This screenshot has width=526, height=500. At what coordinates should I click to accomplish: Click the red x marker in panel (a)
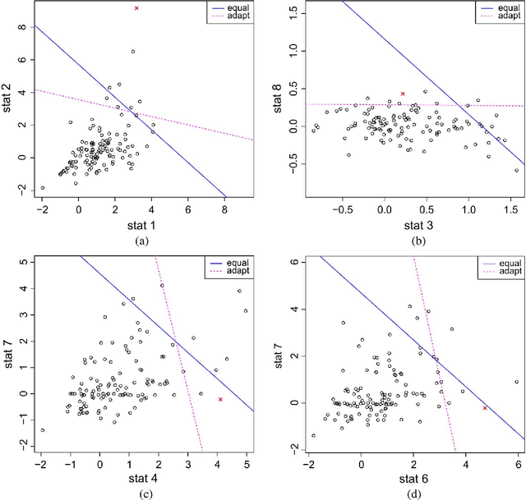[136, 8]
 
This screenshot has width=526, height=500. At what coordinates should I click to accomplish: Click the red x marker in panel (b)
[402, 94]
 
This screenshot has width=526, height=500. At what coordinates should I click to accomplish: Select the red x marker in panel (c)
[220, 399]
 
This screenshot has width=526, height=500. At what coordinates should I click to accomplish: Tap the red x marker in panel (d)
[485, 408]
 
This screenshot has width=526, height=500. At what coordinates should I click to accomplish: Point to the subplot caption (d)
[403, 493]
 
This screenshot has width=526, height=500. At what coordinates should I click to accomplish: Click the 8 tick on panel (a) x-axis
[224, 210]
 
